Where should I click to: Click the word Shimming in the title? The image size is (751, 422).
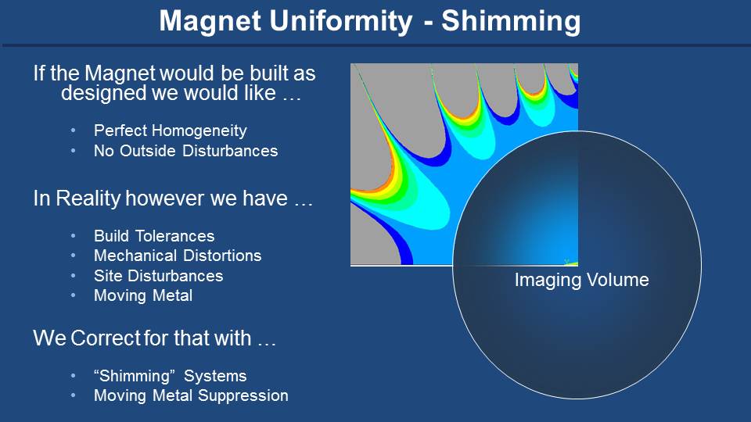pos(511,23)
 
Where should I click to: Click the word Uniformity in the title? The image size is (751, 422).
pos(340,21)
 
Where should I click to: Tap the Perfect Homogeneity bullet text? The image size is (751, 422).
pos(170,131)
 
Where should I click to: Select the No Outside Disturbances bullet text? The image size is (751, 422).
pos(186,151)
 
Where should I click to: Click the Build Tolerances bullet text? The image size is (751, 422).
pos(154,236)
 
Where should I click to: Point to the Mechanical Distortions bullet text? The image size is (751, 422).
pos(178,256)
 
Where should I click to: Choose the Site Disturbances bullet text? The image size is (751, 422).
pos(158,276)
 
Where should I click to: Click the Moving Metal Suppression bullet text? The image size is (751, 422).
pos(191,395)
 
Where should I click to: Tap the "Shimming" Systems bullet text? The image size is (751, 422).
pos(170,376)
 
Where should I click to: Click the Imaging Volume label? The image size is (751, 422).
pos(581,280)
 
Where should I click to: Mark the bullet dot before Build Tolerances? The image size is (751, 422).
pos(74,236)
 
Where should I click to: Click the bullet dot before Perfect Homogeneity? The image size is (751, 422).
pos(74,131)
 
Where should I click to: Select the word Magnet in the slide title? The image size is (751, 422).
pos(210,22)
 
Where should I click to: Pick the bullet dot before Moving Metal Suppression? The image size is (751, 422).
pos(74,395)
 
